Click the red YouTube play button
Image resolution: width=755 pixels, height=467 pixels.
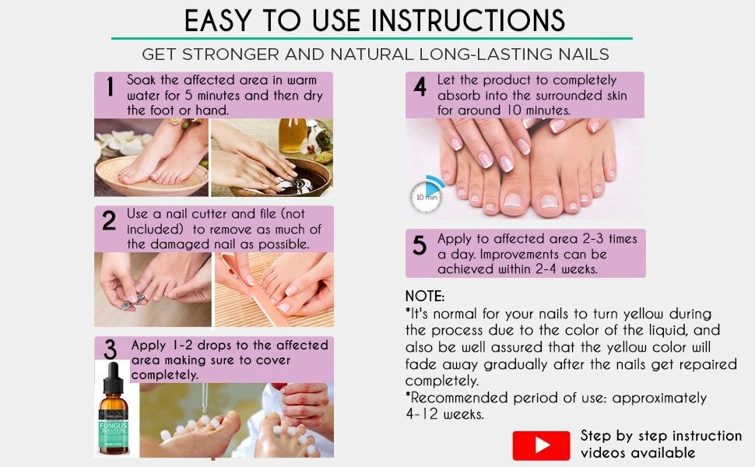[x=541, y=445]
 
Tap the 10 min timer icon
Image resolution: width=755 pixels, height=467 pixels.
[x=427, y=195]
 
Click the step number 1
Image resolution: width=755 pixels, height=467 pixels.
[x=111, y=87]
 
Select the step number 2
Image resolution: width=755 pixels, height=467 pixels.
[x=109, y=220]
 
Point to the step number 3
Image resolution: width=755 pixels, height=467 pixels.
[x=111, y=349]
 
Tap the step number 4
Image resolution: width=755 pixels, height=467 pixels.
[x=420, y=86]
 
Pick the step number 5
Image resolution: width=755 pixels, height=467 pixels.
[x=420, y=245]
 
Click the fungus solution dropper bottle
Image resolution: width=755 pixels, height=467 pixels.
[x=114, y=409]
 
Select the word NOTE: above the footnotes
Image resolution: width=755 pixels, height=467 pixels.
[x=425, y=296]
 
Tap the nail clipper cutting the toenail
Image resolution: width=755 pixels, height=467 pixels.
[x=132, y=301]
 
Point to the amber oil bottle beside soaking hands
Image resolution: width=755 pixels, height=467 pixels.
[x=293, y=135]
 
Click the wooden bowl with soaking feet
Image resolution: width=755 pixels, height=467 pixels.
[x=152, y=177]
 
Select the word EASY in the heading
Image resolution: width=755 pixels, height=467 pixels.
[x=218, y=21]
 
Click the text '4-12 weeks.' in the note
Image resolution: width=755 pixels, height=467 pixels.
[x=444, y=414]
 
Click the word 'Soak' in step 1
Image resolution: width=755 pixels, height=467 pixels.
[x=141, y=80]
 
